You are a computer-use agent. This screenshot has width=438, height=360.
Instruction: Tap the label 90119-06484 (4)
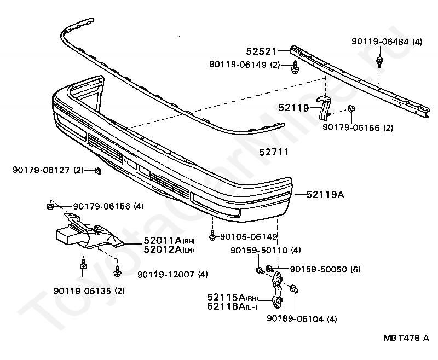pyautogui.click(x=387, y=42)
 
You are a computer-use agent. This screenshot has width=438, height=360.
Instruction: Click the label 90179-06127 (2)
pyautogui.click(x=48, y=171)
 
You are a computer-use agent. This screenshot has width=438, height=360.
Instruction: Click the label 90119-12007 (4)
pyautogui.click(x=172, y=274)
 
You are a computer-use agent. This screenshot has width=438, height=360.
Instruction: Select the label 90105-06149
pyautogui.click(x=249, y=237)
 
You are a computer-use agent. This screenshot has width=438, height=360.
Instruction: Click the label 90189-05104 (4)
pyautogui.click(x=302, y=318)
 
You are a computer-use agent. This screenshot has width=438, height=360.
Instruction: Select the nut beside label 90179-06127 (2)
pyautogui.click(x=98, y=172)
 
